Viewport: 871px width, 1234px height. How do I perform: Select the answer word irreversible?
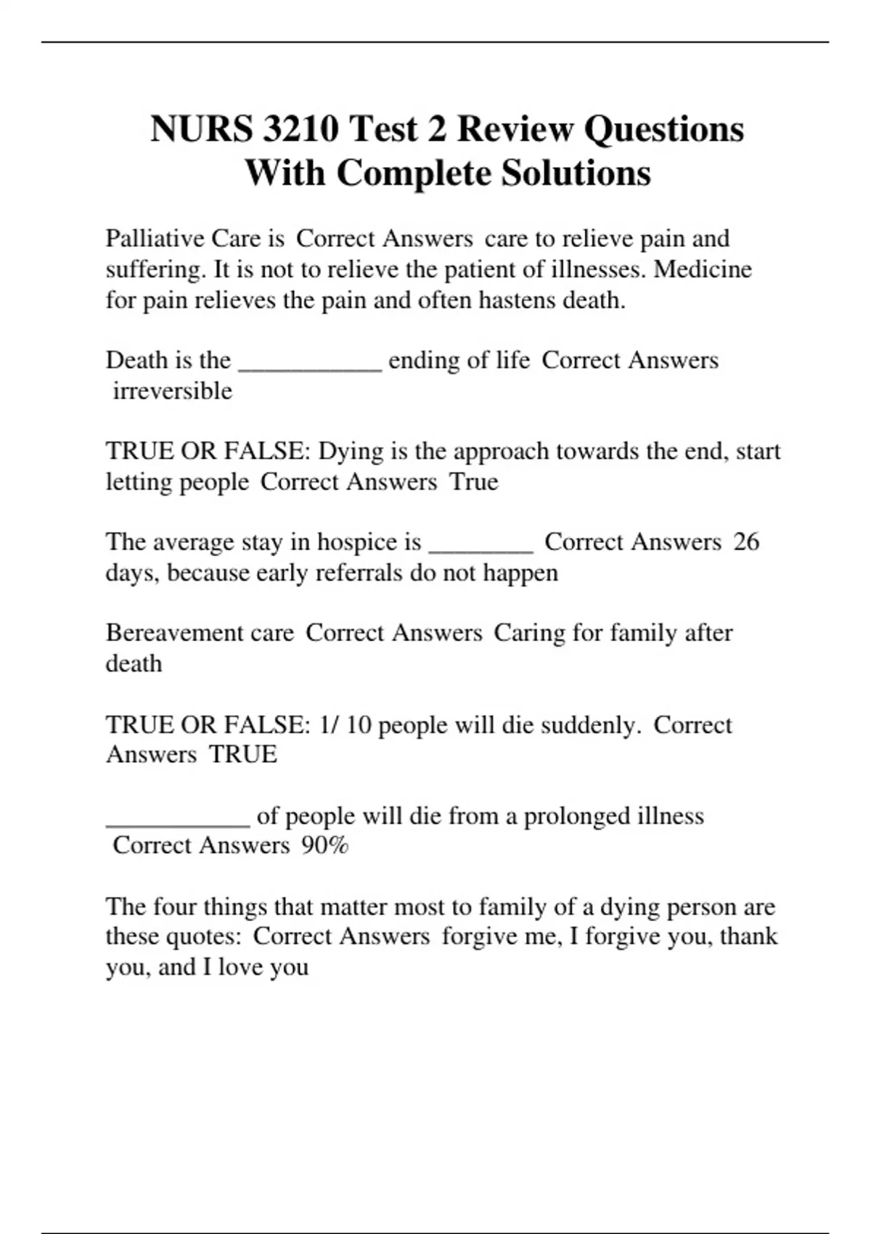[173, 391]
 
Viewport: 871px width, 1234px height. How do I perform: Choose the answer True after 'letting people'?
[474, 482]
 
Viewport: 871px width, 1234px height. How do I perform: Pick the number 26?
[746, 542]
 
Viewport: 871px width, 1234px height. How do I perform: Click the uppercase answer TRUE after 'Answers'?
[243, 755]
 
